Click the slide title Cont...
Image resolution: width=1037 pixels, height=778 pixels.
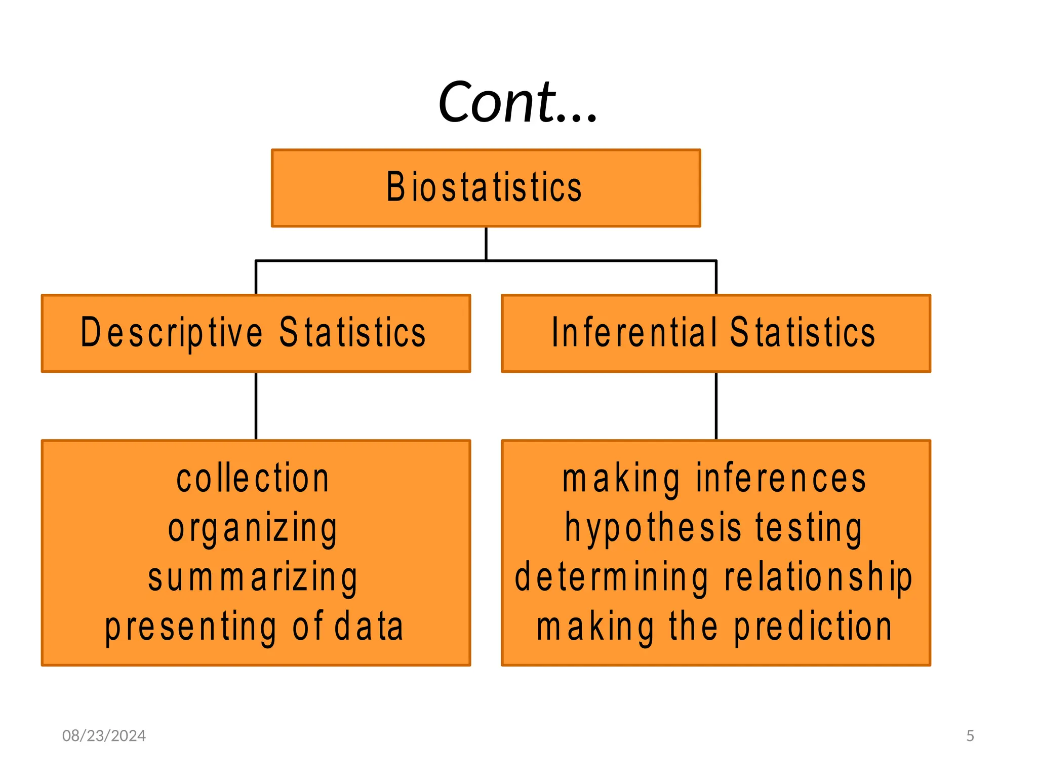point(517,103)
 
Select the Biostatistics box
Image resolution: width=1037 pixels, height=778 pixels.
point(486,188)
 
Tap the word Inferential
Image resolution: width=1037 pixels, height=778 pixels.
point(634,333)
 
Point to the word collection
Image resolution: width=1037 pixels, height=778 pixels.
point(253,479)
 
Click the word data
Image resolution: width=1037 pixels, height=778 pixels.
point(369,627)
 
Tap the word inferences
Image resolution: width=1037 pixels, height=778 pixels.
point(781,479)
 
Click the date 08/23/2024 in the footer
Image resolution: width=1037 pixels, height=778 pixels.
point(104,736)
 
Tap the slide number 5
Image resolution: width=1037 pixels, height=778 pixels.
point(970,736)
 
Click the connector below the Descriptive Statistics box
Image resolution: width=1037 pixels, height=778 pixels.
point(256,406)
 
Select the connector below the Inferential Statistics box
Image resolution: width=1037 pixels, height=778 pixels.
point(716,406)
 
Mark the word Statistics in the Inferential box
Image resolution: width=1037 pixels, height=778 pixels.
point(803,333)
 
